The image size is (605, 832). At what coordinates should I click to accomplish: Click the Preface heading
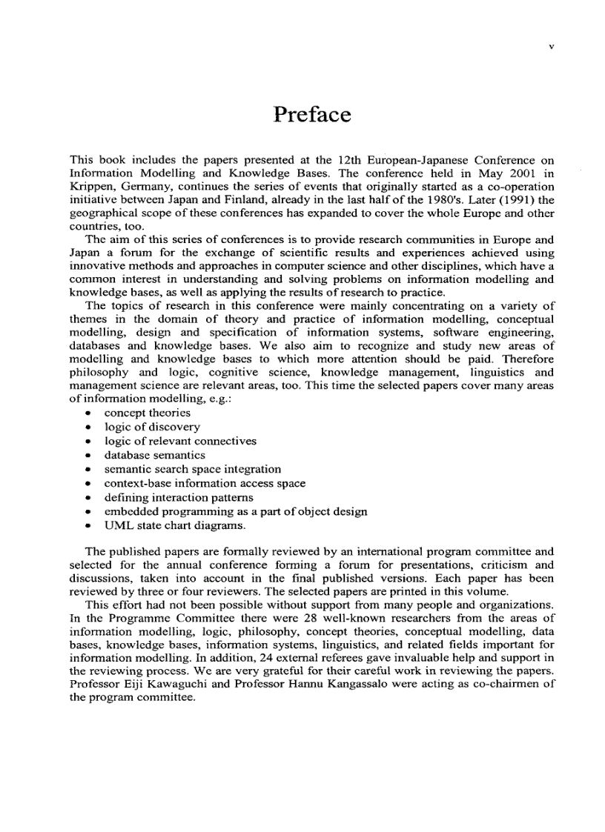(311, 115)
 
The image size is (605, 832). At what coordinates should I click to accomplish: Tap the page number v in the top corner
(551, 46)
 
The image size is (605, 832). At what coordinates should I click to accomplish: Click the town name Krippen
(90, 187)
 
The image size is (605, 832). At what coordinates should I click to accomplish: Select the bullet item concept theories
(147, 413)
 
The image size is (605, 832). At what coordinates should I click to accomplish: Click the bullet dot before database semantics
(89, 456)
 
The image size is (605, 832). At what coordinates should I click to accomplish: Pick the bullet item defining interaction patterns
(178, 497)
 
